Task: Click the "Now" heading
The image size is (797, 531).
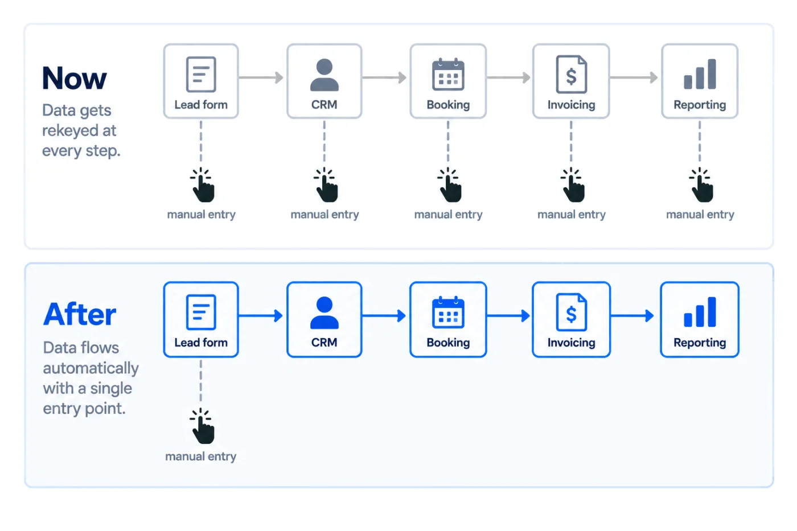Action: [75, 78]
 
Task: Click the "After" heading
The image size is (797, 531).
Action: [80, 314]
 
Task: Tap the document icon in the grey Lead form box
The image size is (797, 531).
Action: [201, 75]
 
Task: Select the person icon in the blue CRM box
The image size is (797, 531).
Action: [324, 312]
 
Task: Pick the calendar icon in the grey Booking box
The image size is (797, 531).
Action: [448, 74]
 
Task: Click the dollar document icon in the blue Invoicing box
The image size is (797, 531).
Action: [572, 312]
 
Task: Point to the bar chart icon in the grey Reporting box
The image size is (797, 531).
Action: [700, 74]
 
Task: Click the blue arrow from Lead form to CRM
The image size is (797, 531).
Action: [261, 315]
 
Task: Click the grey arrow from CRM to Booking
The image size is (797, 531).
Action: [385, 77]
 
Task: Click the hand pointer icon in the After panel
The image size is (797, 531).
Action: [202, 426]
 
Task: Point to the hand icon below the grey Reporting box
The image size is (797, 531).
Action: [701, 185]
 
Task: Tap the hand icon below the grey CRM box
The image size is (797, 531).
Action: [326, 185]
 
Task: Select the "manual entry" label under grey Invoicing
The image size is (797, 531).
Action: [572, 215]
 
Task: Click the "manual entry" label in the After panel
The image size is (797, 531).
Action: [200, 456]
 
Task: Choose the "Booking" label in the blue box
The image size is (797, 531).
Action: [449, 343]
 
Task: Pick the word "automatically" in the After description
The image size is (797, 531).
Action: [91, 368]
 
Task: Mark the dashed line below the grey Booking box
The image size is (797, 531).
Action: [448, 142]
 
